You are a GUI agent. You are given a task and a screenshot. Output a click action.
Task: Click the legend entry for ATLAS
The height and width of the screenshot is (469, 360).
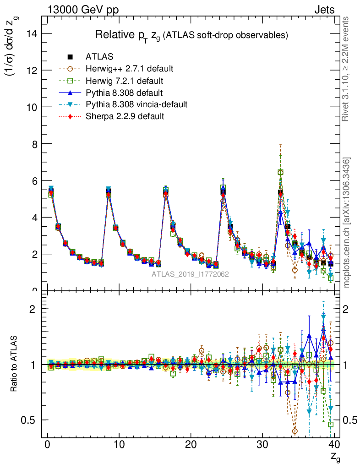tap(99, 57)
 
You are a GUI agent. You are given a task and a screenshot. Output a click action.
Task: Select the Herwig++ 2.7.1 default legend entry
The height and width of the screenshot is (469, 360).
tap(129, 69)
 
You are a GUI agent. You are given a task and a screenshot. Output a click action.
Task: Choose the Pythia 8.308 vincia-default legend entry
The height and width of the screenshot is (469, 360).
tap(136, 104)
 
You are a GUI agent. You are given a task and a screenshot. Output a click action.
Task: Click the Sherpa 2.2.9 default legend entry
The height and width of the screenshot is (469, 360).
tap(125, 116)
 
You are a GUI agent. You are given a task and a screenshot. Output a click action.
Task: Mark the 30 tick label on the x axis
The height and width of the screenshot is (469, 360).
tap(262, 444)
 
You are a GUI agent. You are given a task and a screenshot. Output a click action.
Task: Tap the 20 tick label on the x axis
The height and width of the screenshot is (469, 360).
tap(191, 444)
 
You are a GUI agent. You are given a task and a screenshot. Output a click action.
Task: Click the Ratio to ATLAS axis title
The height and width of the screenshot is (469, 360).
tap(14, 365)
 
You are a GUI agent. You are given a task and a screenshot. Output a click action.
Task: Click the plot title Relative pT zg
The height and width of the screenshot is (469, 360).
tap(191, 35)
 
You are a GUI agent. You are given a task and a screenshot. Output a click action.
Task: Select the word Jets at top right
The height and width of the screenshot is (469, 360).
tap(324, 10)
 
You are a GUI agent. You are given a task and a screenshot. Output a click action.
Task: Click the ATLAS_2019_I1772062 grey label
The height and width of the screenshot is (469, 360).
tap(191, 274)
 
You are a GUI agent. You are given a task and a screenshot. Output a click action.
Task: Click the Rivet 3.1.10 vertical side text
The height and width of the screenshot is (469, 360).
tap(346, 69)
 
